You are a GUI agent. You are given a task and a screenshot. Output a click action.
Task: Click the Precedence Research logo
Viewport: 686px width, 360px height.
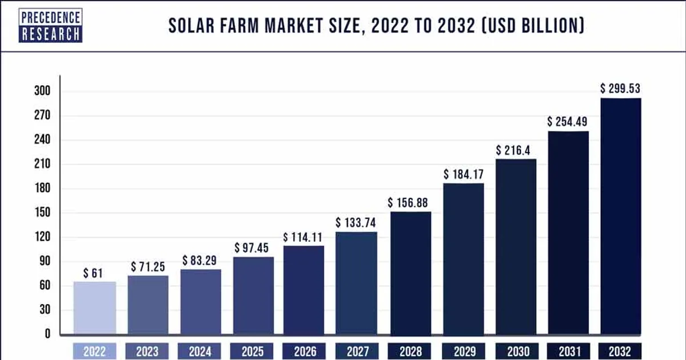(x=50, y=25)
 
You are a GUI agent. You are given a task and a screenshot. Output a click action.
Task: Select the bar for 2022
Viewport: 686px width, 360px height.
(x=95, y=308)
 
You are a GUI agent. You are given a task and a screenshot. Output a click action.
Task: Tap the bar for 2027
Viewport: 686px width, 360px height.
(x=356, y=283)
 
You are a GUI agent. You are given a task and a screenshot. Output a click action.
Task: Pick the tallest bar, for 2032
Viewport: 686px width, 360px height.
(x=620, y=217)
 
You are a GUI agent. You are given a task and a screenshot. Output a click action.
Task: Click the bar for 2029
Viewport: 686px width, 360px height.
(x=464, y=259)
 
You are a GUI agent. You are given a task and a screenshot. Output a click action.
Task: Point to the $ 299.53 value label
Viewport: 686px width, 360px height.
(x=620, y=89)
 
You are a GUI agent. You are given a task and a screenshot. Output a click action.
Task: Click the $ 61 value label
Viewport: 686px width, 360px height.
(x=93, y=273)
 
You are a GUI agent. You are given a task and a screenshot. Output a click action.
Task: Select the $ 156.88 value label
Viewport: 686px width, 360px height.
(x=408, y=203)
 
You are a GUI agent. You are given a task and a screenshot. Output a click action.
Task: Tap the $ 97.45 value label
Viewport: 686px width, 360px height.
(x=252, y=247)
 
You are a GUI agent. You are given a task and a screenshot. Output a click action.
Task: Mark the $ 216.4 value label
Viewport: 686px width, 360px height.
(x=513, y=150)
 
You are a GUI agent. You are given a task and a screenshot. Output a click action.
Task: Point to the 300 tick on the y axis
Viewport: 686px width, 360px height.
(x=42, y=91)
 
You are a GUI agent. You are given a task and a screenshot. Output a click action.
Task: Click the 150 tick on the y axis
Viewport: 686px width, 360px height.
(x=42, y=213)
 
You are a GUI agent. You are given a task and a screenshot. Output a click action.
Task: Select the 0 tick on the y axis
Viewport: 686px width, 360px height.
(x=47, y=334)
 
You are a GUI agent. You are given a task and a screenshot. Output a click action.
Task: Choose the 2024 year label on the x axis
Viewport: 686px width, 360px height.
(x=200, y=351)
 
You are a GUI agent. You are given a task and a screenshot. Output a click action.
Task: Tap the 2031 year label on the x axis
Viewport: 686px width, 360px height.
(x=569, y=351)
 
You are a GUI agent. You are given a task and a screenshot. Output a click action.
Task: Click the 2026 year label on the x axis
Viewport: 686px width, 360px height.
(x=305, y=351)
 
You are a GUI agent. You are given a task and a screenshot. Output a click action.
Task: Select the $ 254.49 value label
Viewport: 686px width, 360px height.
(x=567, y=122)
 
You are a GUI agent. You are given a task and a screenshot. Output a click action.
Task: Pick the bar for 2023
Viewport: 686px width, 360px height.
(x=148, y=305)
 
